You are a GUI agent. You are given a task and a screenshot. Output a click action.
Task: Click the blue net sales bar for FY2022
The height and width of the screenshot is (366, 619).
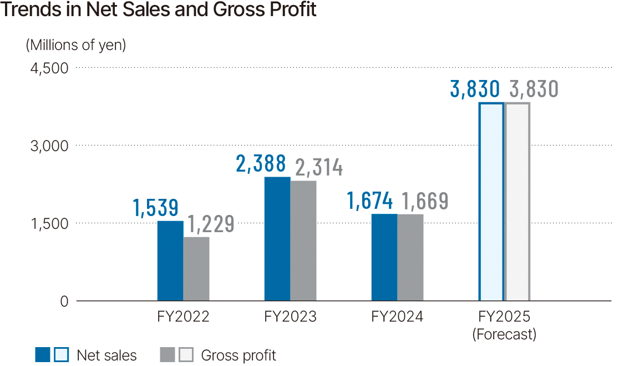(x=170, y=261)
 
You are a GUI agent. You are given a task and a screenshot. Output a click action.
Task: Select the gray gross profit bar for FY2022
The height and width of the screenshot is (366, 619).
(x=196, y=269)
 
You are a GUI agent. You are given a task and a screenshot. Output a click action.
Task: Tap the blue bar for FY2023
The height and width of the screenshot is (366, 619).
(x=277, y=239)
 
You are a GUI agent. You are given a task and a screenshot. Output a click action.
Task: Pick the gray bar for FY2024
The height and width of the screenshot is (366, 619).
(x=410, y=258)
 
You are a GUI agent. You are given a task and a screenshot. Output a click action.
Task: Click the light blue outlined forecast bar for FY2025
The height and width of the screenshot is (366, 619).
(x=491, y=202)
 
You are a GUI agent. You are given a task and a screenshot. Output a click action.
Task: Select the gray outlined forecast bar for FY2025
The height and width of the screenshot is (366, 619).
(x=517, y=202)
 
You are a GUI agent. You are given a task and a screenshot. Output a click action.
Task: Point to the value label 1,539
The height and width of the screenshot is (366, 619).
(x=156, y=208)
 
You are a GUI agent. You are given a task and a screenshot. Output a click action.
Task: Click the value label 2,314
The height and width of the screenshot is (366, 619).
(x=318, y=167)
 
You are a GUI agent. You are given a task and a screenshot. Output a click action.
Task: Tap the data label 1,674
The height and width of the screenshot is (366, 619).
(x=370, y=201)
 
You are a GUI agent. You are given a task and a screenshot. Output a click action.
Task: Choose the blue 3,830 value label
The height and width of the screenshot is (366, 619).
(x=476, y=89)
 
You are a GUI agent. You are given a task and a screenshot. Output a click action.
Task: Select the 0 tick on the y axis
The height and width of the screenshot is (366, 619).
(x=64, y=302)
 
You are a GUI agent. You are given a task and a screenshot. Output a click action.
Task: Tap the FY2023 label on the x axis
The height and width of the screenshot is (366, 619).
(x=290, y=317)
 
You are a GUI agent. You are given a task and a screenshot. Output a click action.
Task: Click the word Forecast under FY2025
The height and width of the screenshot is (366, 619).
(x=504, y=334)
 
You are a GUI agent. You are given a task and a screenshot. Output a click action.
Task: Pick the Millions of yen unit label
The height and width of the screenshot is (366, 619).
(x=76, y=45)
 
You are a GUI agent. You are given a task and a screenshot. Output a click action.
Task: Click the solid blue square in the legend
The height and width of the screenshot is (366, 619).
(x=43, y=355)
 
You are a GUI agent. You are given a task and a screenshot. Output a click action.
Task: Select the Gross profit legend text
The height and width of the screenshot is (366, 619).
(x=238, y=355)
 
